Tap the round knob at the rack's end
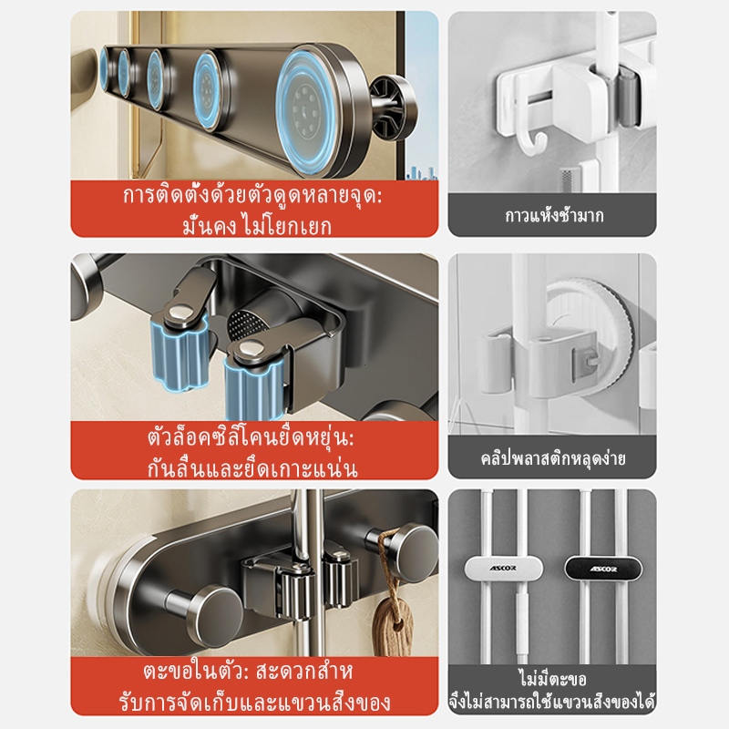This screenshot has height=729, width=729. coord(395,108)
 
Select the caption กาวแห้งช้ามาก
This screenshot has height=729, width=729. coord(554,216)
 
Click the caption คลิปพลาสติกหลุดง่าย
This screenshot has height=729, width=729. coord(553,458)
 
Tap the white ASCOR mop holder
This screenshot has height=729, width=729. coord(504,568)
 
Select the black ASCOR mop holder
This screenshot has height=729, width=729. coord(603,569)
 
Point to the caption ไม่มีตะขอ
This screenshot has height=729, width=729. coord(553,680)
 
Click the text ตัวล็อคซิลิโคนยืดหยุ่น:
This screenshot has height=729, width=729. coord(251,438)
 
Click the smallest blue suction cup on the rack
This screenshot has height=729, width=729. coord(104,68)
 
